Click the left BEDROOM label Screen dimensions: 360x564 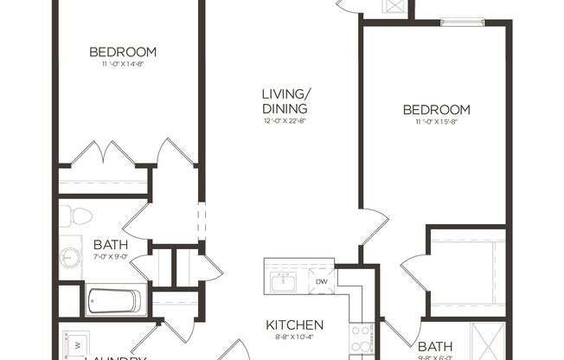[129, 52]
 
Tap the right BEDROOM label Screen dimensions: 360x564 [437, 110]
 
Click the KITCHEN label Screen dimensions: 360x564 [295, 325]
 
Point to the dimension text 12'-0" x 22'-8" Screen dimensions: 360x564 [285, 121]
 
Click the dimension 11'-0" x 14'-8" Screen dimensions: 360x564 [129, 63]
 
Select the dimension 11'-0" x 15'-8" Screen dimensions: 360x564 [437, 122]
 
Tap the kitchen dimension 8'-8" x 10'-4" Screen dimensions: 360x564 [295, 338]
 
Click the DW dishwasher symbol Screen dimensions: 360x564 [321, 281]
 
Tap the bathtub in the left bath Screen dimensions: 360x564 [112, 301]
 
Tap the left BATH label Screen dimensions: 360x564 [111, 245]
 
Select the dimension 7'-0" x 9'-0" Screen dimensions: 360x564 [111, 256]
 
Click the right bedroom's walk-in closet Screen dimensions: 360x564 [466, 270]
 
